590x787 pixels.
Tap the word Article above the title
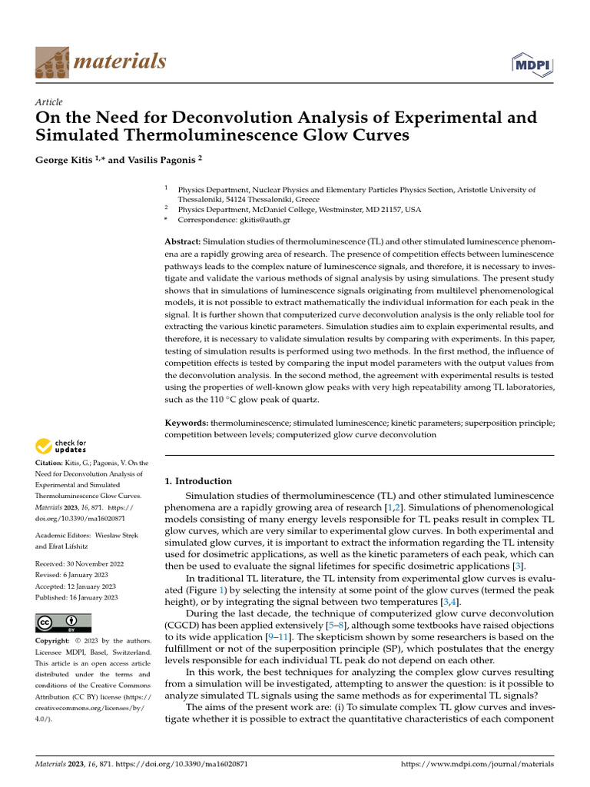click(x=49, y=102)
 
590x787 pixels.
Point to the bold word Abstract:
click(x=185, y=241)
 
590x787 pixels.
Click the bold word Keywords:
click(x=187, y=423)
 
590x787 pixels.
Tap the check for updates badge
click(x=61, y=446)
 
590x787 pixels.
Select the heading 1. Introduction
click(x=198, y=481)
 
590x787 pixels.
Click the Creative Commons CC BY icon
click(x=63, y=623)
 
